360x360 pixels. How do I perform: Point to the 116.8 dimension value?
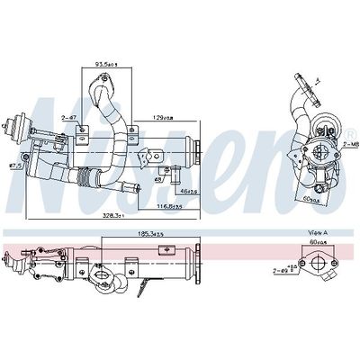point(166,206)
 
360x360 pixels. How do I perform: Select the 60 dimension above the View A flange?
point(315,242)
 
